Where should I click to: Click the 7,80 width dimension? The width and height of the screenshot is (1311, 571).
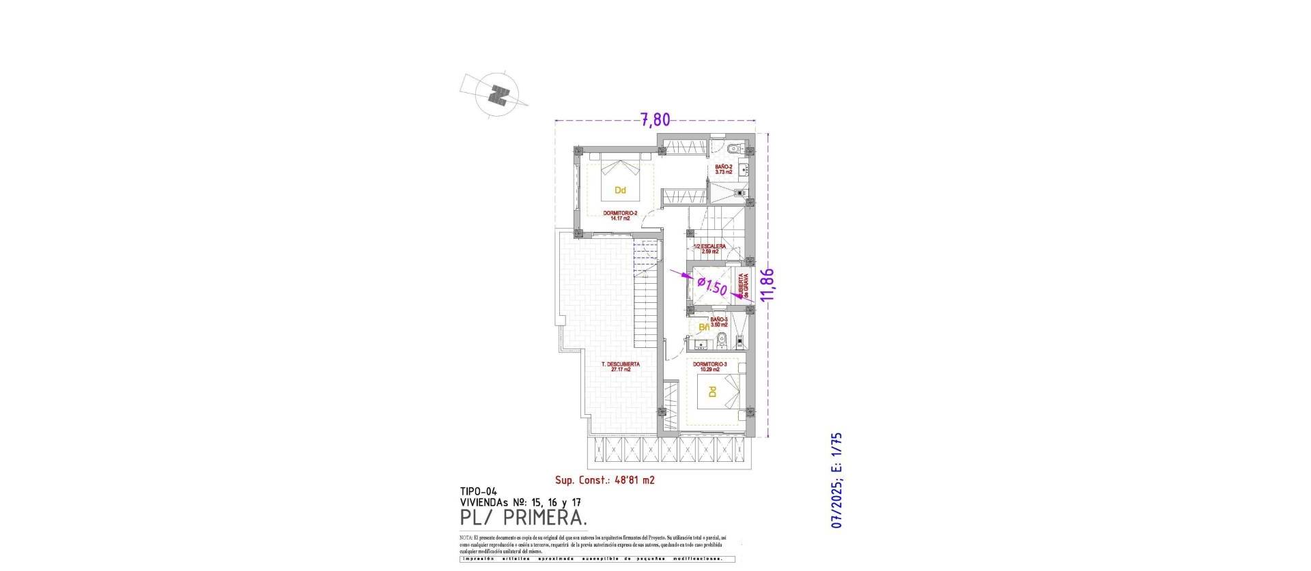655,120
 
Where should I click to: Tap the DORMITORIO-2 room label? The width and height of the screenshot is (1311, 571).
142,216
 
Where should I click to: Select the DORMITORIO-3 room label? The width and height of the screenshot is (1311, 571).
710,367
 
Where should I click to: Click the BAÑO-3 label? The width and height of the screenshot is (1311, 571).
719,322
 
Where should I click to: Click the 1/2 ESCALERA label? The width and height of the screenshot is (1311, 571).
709,248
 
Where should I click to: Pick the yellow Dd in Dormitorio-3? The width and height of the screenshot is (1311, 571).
712,392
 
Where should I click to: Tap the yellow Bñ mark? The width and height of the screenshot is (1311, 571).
703,328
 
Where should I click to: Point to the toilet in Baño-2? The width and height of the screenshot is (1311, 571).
732,149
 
